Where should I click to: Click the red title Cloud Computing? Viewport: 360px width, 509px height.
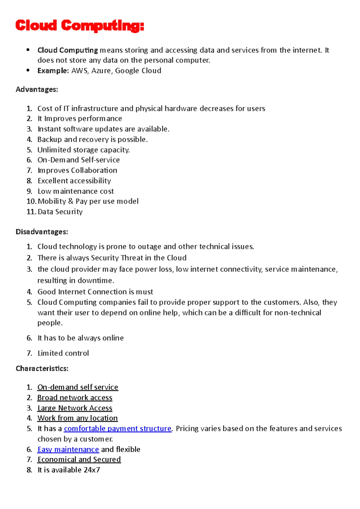click(79, 26)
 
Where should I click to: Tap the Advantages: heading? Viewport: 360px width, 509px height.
click(37, 89)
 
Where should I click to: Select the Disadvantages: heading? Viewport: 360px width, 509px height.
click(42, 232)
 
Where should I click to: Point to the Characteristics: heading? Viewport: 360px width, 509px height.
click(42, 368)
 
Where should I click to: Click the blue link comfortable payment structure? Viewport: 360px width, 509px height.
click(118, 429)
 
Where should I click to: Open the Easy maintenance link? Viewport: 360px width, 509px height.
click(68, 449)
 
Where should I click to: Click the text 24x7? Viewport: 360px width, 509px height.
click(91, 470)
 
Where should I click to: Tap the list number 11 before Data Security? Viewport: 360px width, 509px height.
click(31, 212)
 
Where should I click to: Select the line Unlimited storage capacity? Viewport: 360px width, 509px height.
click(83, 150)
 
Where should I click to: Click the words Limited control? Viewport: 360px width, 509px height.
click(63, 353)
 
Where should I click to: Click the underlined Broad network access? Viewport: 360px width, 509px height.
click(75, 397)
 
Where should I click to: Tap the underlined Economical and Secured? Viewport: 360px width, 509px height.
click(79, 460)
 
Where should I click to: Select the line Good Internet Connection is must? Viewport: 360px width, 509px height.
click(95, 292)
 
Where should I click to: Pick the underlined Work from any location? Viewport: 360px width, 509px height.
click(77, 418)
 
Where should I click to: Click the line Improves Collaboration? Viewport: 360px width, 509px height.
click(77, 170)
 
